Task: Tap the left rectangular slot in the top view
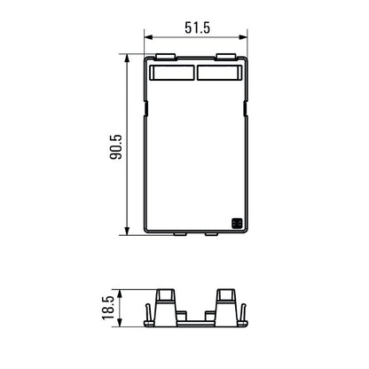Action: pos(172,72)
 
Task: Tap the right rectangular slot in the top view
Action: pos(218,72)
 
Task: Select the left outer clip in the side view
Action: pos(148,312)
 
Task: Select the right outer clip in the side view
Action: pos(242,312)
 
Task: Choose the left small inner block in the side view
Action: pos(182,316)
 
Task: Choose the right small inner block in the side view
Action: pos(208,316)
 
